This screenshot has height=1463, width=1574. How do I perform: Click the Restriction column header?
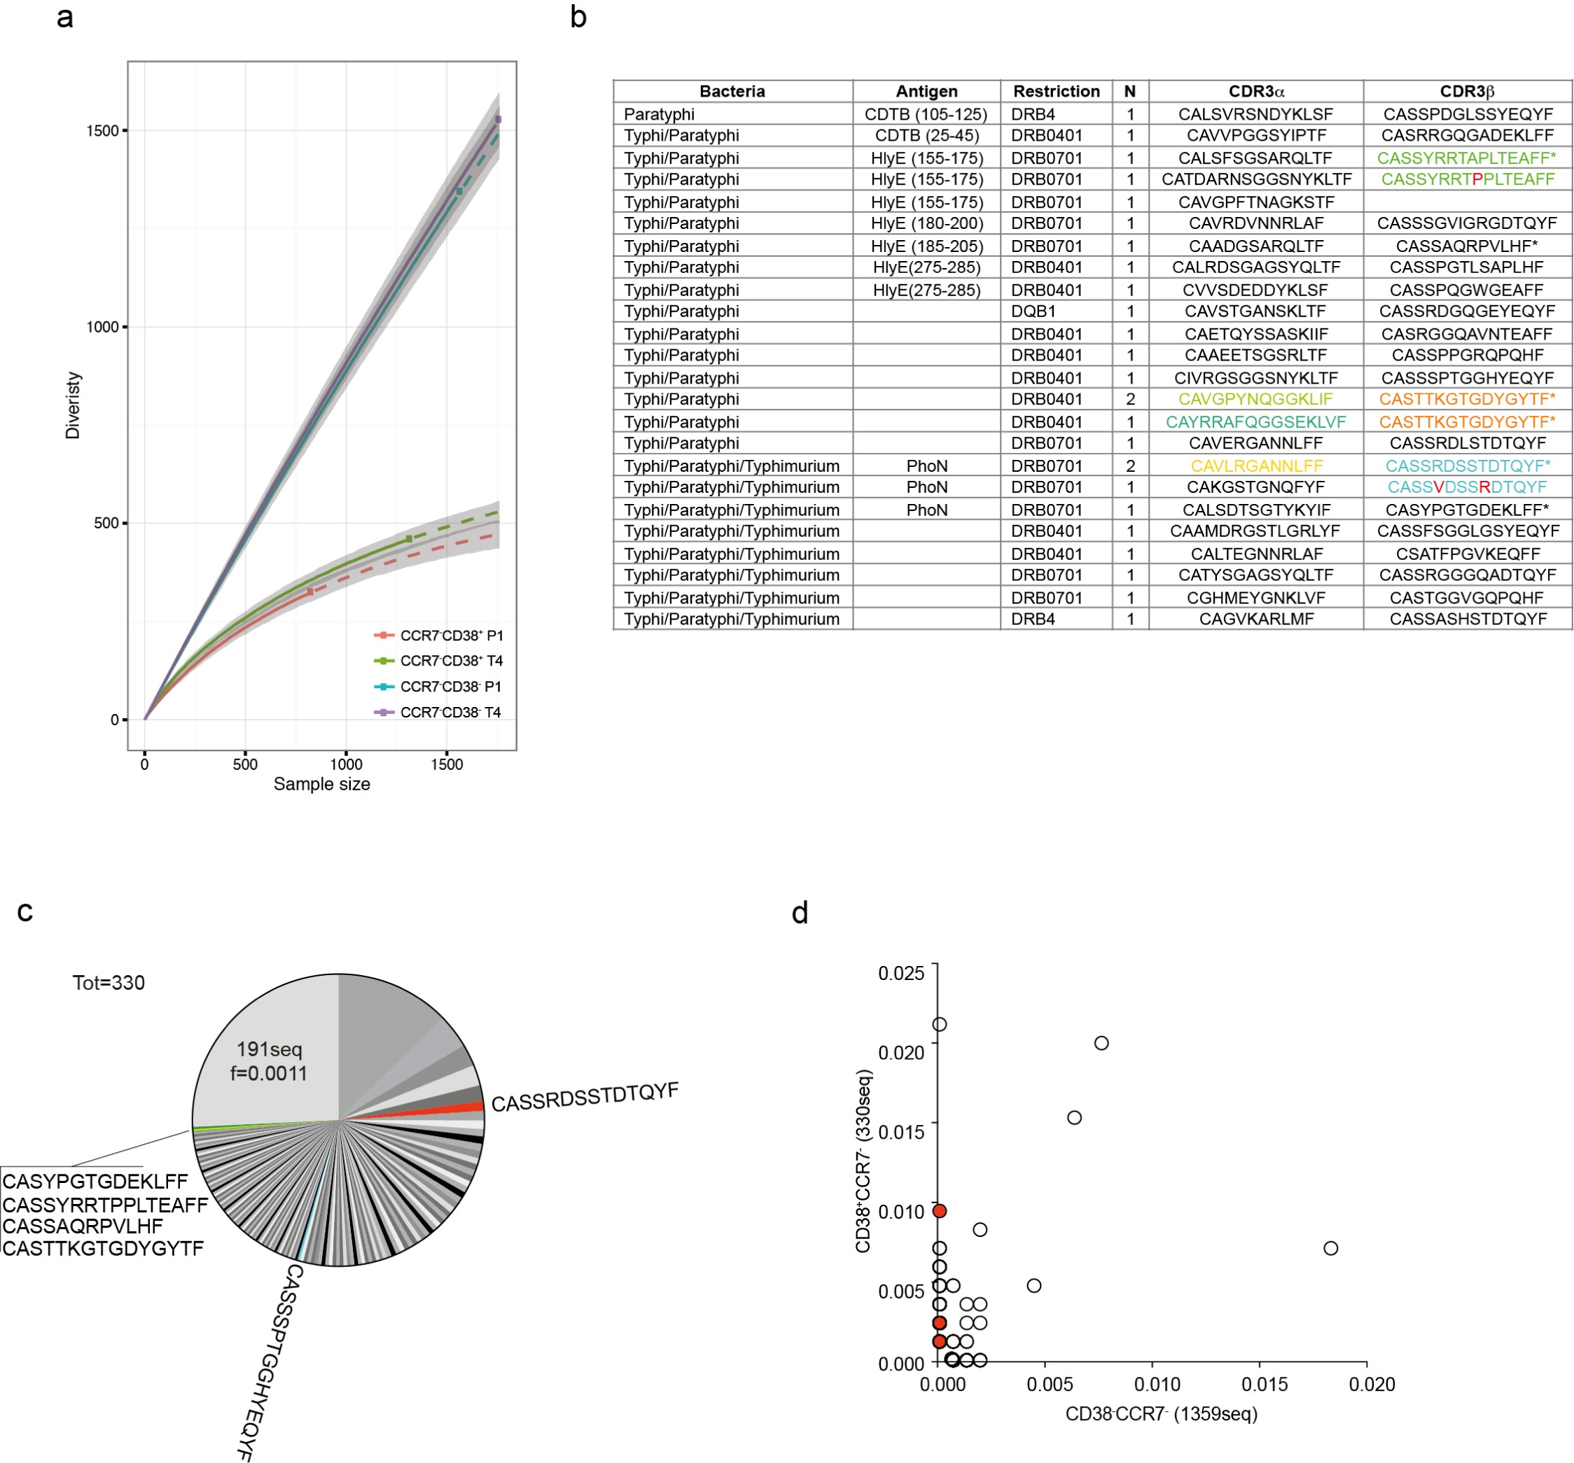pyautogui.click(x=1055, y=91)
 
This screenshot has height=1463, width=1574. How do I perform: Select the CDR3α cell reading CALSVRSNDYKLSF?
pyautogui.click(x=1255, y=114)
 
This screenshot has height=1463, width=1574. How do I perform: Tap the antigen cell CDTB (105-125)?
pyautogui.click(x=926, y=114)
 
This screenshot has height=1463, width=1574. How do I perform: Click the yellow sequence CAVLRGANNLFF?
pyautogui.click(x=1255, y=465)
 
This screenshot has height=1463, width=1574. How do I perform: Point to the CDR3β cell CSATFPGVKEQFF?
pyautogui.click(x=1467, y=554)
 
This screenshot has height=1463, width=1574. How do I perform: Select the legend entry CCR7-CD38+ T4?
pyautogui.click(x=450, y=660)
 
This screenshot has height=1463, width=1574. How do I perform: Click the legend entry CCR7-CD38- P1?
pyautogui.click(x=450, y=687)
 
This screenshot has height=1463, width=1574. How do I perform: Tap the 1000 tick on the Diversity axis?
pyautogui.click(x=102, y=327)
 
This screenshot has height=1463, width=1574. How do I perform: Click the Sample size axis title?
pyautogui.click(x=321, y=784)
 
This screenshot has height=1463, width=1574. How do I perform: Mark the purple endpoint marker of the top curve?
pyautogui.click(x=498, y=120)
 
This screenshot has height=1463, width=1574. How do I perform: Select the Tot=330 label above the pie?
pyautogui.click(x=109, y=983)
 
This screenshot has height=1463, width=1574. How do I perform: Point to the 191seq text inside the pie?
pyautogui.click(x=269, y=1049)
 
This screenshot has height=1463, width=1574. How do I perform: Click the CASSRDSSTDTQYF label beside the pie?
pyautogui.click(x=585, y=1098)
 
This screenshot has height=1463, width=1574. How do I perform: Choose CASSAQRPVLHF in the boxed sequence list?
pyautogui.click(x=83, y=1226)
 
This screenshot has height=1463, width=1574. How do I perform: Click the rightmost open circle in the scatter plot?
pyautogui.click(x=1330, y=1247)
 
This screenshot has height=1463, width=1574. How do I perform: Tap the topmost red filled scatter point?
pyautogui.click(x=939, y=1210)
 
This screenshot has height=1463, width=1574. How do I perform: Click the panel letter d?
pyautogui.click(x=800, y=913)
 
